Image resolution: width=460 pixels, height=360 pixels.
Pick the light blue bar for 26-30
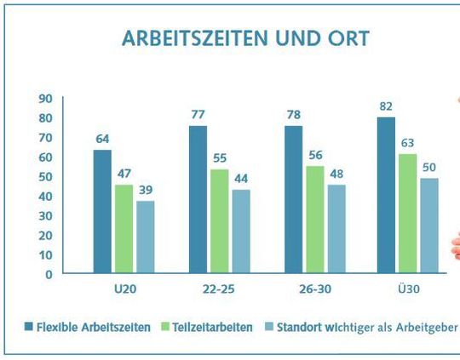(x=338, y=229)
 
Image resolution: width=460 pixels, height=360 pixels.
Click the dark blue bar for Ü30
(x=386, y=196)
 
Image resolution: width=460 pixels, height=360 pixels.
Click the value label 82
(x=386, y=105)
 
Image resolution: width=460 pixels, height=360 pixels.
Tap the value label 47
(x=124, y=173)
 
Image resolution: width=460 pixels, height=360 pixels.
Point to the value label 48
(x=338, y=173)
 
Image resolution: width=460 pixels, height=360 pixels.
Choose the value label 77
(x=198, y=114)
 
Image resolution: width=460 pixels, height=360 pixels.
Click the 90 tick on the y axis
(x=45, y=99)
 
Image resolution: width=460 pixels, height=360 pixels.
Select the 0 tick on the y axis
(x=49, y=274)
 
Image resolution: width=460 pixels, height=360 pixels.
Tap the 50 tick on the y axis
(x=45, y=176)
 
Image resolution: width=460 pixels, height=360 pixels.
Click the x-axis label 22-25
(x=220, y=289)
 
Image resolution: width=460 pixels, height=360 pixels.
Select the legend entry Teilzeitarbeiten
(x=206, y=328)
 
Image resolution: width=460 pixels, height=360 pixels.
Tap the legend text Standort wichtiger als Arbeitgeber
(x=366, y=328)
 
